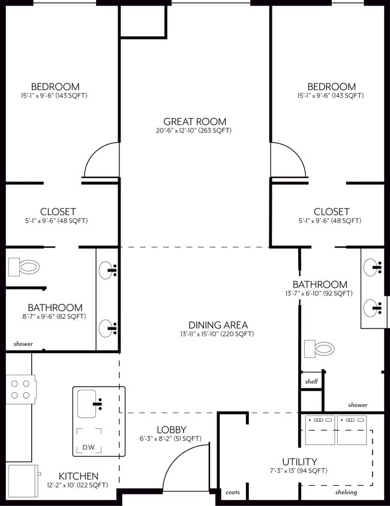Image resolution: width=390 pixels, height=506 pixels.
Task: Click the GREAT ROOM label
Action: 195,122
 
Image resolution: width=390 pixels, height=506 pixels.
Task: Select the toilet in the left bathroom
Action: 24,267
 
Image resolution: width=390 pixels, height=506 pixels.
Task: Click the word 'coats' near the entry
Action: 232,492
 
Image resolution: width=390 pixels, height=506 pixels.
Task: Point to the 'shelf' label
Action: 311,381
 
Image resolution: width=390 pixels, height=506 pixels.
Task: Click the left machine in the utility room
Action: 319,429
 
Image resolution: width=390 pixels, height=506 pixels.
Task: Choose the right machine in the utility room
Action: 351,429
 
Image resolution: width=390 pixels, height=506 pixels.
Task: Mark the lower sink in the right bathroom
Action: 373,309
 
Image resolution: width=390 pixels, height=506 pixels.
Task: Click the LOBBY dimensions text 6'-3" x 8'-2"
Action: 171,439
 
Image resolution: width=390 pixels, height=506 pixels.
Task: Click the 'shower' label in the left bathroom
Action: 23,345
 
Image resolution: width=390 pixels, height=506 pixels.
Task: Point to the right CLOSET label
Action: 331,212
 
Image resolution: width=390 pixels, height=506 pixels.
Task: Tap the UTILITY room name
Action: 299,462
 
